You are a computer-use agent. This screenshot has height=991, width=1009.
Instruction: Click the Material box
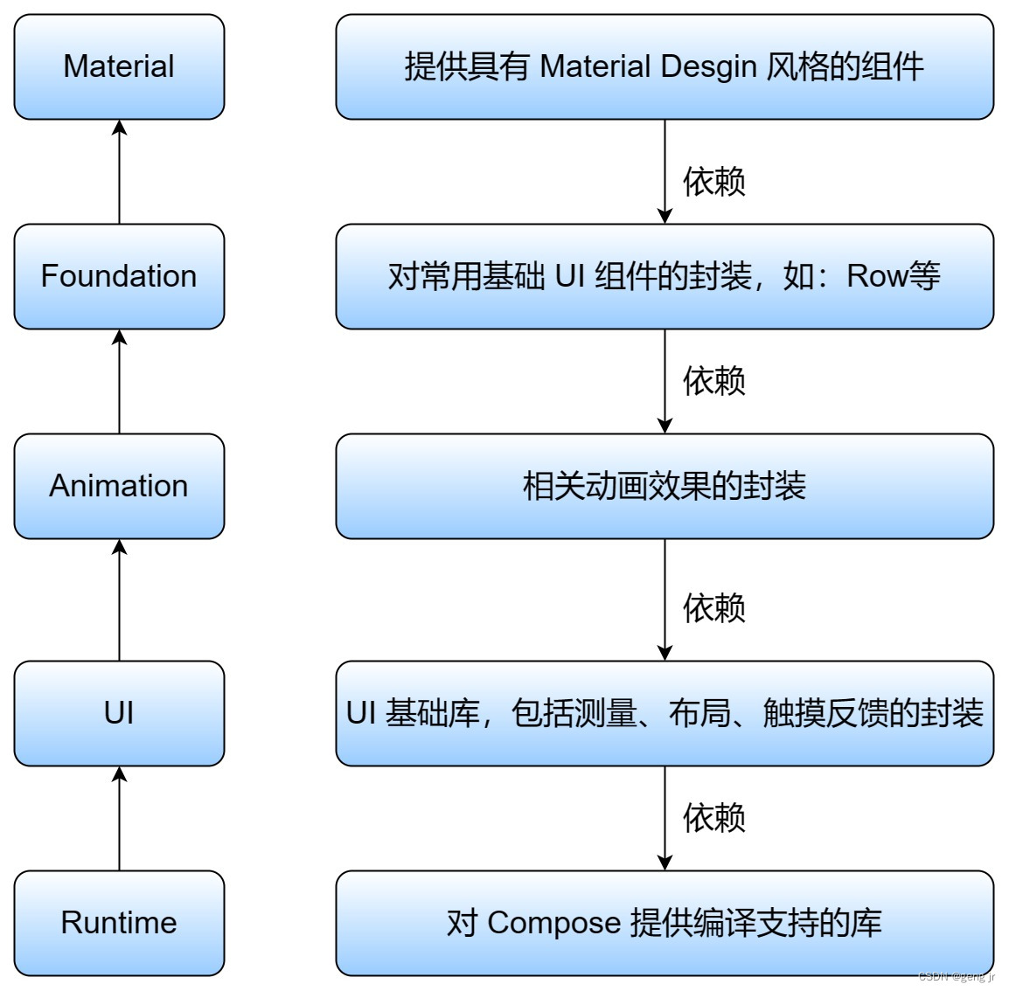click(x=119, y=66)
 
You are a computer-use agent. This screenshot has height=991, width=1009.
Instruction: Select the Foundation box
click(x=119, y=276)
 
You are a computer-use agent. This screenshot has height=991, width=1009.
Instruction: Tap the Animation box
click(x=119, y=486)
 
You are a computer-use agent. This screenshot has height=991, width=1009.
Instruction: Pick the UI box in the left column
click(x=119, y=713)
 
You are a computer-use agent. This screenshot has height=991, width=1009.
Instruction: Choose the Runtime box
click(x=119, y=923)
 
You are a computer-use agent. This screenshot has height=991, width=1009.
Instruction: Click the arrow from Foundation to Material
click(x=120, y=171)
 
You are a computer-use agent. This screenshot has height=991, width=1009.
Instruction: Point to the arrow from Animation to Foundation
click(x=120, y=381)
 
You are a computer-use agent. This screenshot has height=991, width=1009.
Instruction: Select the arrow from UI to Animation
click(x=120, y=599)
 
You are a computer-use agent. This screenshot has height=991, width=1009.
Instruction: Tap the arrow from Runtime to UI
click(x=120, y=818)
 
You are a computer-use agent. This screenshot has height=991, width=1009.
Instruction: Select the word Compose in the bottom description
click(x=553, y=923)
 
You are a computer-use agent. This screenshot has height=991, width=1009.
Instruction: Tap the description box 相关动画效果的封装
click(x=665, y=486)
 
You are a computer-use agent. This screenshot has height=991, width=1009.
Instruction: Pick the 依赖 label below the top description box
click(x=713, y=182)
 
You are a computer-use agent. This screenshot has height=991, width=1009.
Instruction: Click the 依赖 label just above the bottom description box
click(x=713, y=818)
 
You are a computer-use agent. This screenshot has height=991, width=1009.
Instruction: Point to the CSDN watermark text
click(x=957, y=977)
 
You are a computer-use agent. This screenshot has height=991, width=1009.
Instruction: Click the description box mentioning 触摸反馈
click(x=665, y=713)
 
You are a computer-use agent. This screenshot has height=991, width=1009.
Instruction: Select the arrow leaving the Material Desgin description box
click(x=665, y=171)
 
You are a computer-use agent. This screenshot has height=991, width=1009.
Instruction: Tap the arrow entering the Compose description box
click(x=665, y=818)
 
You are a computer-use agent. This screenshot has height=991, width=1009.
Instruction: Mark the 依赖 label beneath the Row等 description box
click(x=713, y=381)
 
